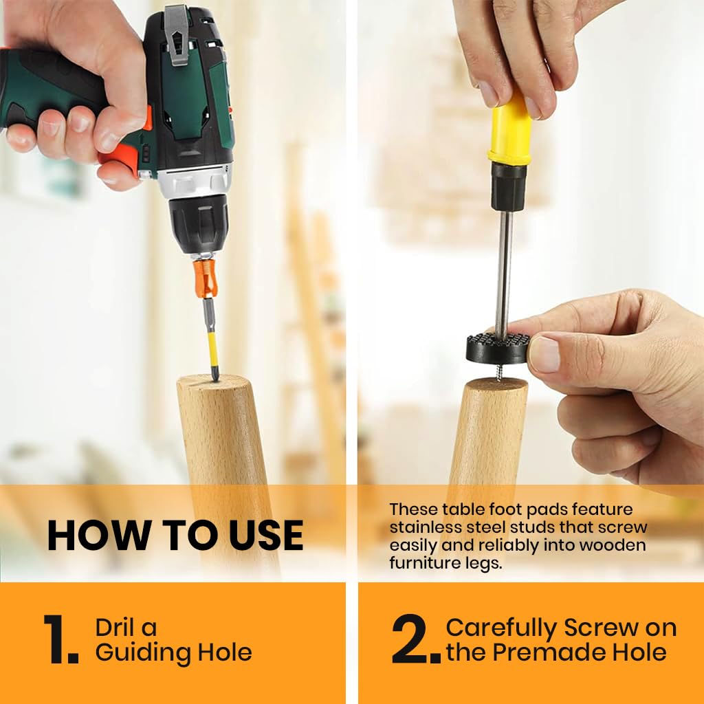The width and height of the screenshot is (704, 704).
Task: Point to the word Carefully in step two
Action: (501, 628)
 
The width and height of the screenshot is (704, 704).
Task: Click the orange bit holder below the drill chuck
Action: (206, 278)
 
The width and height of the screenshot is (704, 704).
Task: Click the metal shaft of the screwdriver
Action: (503, 269)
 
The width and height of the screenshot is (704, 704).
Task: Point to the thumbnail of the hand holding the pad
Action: (544, 354)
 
